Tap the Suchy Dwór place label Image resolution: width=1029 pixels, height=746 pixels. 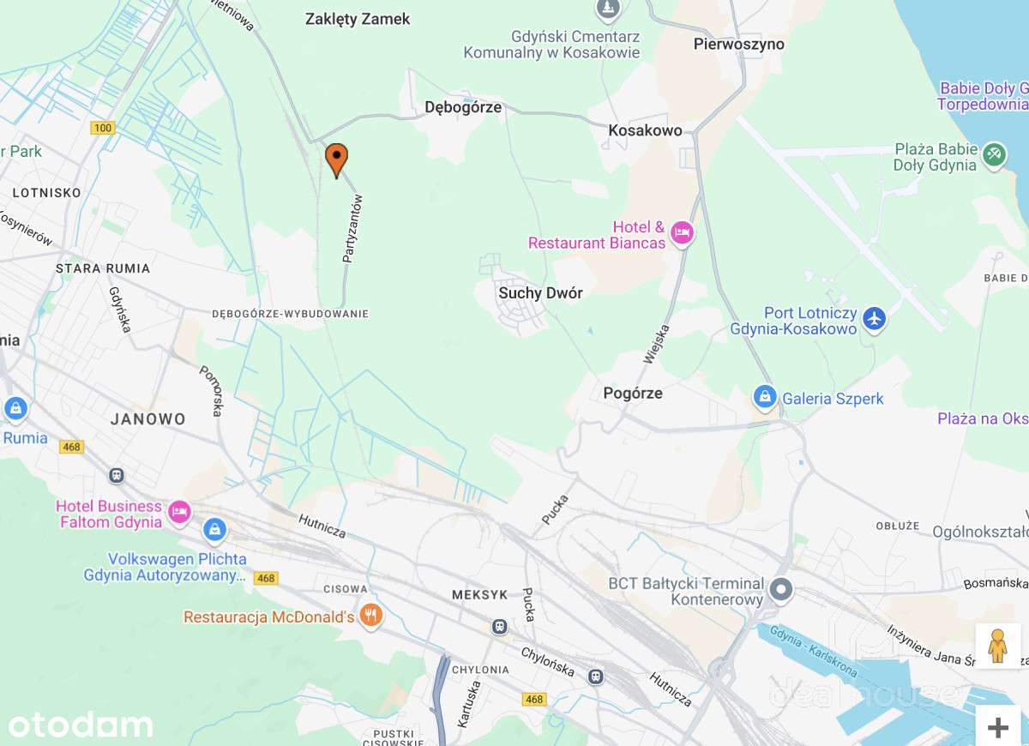click(x=540, y=293)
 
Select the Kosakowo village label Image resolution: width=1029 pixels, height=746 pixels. click(x=645, y=130)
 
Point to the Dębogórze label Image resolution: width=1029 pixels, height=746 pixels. click(x=463, y=108)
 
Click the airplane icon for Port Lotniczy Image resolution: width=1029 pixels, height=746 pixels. click(x=874, y=318)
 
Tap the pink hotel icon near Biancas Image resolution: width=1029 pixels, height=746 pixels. click(x=682, y=232)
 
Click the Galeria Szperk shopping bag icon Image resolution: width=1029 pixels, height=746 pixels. click(x=764, y=397)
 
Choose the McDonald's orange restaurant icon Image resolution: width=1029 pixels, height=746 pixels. click(x=370, y=616)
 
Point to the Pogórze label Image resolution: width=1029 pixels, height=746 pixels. click(x=633, y=394)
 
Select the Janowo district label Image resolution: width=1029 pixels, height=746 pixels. click(x=148, y=419)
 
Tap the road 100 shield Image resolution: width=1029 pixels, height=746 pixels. click(x=102, y=128)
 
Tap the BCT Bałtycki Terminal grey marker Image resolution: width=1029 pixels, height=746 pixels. click(x=780, y=589)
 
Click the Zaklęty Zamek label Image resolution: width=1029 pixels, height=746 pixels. click(x=358, y=19)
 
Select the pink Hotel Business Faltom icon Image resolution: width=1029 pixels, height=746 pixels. click(x=179, y=512)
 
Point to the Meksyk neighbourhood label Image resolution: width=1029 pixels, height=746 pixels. click(x=479, y=594)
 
